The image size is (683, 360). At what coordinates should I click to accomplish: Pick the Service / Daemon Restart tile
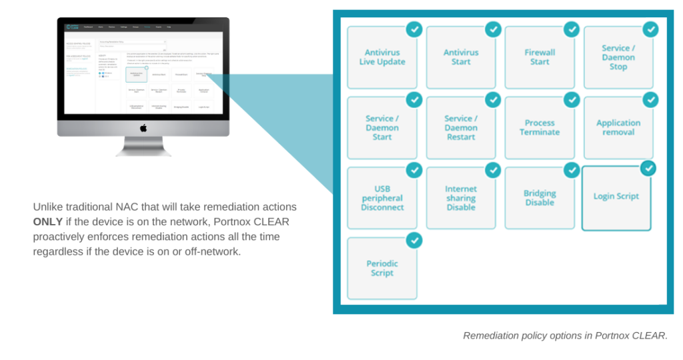461,128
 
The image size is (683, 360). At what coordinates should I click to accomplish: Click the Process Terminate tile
540,128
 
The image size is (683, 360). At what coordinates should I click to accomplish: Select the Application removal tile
618,128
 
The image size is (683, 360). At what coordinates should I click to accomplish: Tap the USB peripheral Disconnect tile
382,199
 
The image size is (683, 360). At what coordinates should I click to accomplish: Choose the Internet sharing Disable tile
461,199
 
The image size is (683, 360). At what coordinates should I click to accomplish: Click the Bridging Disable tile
540,199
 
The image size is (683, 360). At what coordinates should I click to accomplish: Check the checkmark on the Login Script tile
648,168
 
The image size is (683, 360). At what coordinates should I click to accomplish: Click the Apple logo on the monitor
143,127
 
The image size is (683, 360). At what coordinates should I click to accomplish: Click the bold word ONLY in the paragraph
48,221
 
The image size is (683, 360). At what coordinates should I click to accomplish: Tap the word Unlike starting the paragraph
49,207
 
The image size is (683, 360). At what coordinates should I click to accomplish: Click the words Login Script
616,197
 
